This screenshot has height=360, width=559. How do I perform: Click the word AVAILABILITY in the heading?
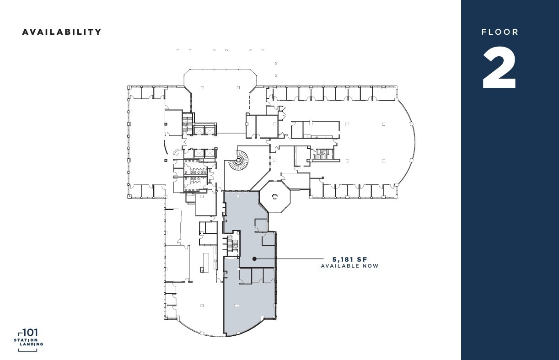pyautogui.click(x=62, y=32)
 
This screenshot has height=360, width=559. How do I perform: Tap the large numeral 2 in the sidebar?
pyautogui.click(x=500, y=69)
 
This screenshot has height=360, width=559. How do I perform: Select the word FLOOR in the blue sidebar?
pyautogui.click(x=500, y=32)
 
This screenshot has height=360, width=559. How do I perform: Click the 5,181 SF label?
pyautogui.click(x=349, y=259)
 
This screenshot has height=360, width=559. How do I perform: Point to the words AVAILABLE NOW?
pyautogui.click(x=349, y=266)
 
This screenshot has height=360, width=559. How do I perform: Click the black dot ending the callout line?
pyautogui.click(x=254, y=259)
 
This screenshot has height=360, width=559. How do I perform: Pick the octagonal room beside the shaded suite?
pyautogui.click(x=274, y=196)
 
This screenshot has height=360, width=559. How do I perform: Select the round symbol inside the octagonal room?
pyautogui.click(x=274, y=196)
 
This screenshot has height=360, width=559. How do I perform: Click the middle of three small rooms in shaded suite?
pyautogui.click(x=257, y=275)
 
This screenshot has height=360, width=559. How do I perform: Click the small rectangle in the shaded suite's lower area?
pyautogui.click(x=236, y=305)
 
